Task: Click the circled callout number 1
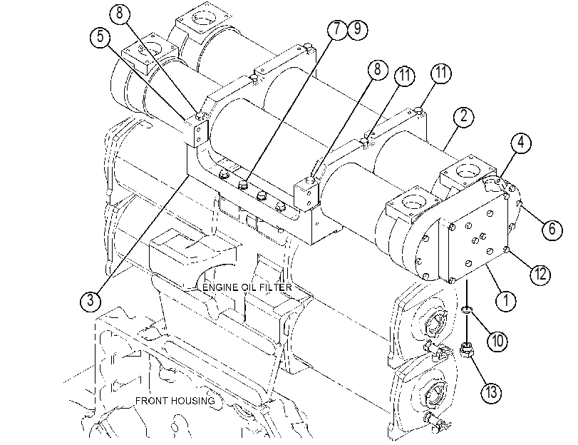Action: tap(506, 300)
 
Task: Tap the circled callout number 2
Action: tap(463, 116)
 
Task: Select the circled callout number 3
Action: tap(91, 300)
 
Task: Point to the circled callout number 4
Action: tap(521, 142)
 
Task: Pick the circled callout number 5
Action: tap(100, 37)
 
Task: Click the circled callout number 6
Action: tap(552, 229)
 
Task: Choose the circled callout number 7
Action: tap(337, 29)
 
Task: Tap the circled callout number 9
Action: tap(357, 29)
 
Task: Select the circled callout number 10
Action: tap(497, 340)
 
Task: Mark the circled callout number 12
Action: tap(540, 274)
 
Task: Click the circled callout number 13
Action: tap(492, 392)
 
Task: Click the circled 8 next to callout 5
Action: tap(120, 14)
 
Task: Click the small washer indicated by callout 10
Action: tap(467, 310)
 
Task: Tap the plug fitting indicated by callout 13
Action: tap(467, 349)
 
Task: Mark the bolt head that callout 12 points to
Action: tap(507, 250)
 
